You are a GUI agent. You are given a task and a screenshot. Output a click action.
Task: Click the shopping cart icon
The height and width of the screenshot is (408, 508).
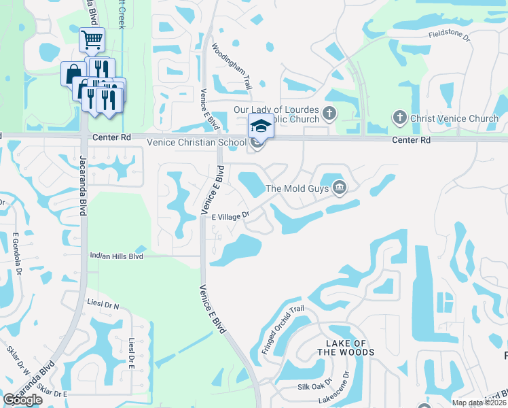(x=92, y=39)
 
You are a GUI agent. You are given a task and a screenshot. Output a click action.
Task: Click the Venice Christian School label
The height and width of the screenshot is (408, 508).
(x=197, y=142)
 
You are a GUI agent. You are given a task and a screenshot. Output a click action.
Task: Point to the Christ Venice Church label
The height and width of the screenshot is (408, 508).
(x=454, y=119)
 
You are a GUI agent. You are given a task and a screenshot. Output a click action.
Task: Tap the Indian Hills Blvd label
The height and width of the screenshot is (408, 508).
(x=116, y=256)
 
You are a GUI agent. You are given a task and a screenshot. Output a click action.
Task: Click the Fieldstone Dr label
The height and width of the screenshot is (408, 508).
(x=449, y=33)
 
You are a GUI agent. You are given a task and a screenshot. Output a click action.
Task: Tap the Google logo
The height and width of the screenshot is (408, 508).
(x=23, y=400)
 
